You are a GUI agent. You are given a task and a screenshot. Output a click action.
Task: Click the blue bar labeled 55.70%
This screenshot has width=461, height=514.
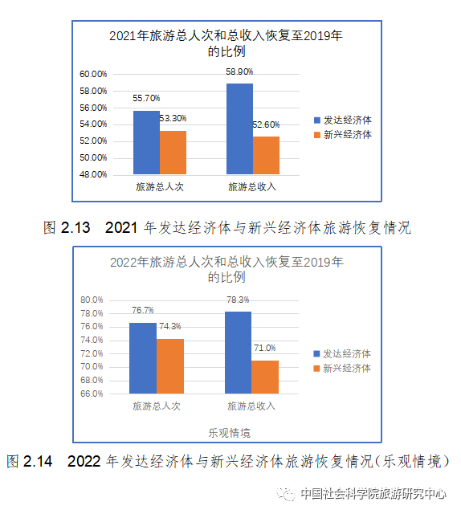pos(146,142)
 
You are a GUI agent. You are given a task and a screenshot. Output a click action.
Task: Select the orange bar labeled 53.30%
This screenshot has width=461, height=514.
pos(173,153)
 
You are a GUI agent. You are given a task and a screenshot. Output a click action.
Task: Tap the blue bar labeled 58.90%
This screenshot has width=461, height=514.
pos(239,128)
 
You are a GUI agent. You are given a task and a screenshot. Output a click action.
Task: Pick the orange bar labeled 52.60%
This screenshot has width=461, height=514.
pos(266,155)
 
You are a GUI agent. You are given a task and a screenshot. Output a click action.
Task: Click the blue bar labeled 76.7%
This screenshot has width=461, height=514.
pos(143,358)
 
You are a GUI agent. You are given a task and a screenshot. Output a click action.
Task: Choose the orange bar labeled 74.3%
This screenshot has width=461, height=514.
pos(169,366)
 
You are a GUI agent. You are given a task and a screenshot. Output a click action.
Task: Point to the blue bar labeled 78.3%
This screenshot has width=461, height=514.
pos(238,353)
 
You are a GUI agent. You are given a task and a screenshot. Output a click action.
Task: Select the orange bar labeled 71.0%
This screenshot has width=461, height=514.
pos(265,377)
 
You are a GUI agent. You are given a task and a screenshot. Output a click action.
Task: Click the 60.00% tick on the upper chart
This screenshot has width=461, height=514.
pos(93,74)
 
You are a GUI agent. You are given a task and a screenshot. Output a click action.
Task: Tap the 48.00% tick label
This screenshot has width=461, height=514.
pos(93,174)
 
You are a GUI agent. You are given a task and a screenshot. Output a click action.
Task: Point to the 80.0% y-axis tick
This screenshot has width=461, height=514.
pos(92,300)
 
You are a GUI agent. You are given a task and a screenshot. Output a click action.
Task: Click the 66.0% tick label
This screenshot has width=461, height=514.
pos(92,394)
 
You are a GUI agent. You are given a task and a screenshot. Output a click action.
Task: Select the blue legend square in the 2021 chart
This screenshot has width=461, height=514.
pos(316,120)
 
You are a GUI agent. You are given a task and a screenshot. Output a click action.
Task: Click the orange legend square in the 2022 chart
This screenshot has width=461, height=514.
pos(316,369)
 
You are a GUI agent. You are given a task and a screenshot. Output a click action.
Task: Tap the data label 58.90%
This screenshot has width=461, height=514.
pos(239,71)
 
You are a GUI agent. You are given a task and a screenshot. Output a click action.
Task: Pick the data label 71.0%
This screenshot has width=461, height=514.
pos(264,348)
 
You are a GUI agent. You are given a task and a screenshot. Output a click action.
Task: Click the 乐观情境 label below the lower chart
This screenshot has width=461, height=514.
pos(229,433)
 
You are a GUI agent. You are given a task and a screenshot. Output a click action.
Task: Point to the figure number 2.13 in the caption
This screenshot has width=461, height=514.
pos(75,227)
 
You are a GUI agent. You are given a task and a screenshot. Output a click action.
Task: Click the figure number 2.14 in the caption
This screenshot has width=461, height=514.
pos(38,461)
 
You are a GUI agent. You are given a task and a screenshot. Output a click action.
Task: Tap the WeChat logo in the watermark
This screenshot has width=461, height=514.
pos(286,493)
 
